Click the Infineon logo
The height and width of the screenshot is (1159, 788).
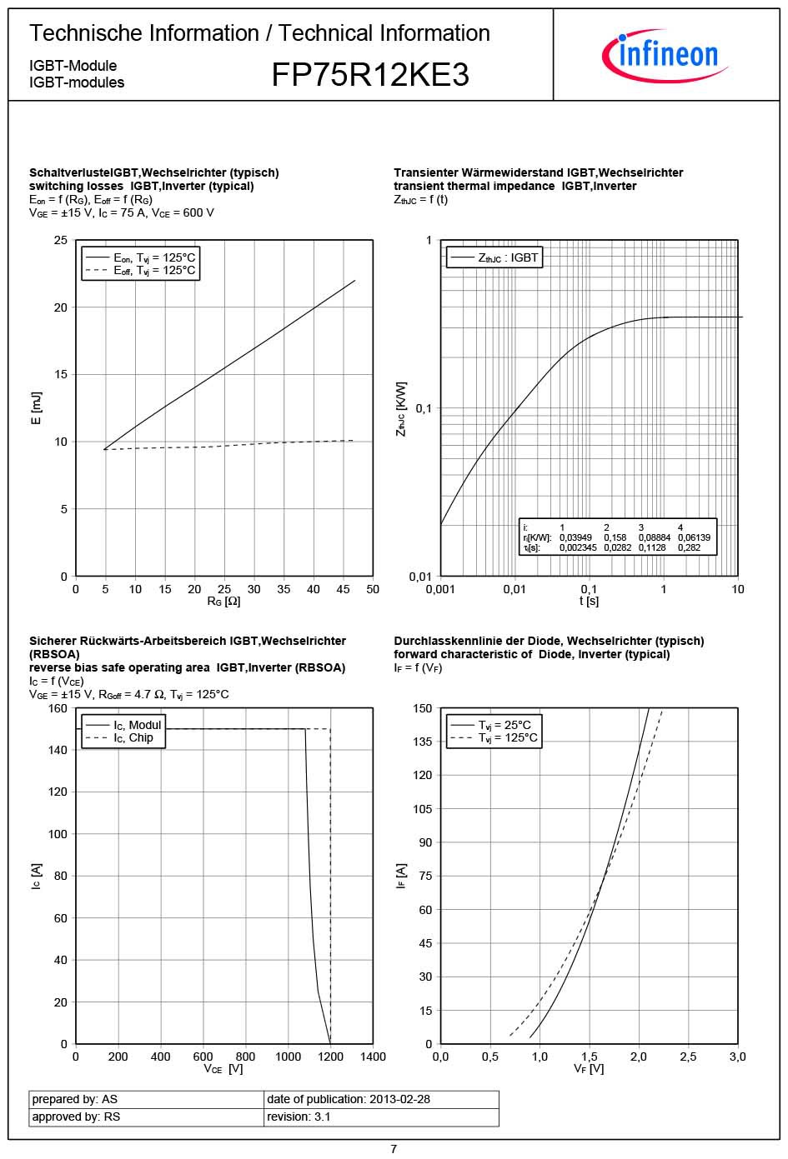(665, 55)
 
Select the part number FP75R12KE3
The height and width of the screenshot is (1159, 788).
(370, 75)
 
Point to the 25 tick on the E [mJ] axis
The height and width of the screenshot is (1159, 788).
(61, 240)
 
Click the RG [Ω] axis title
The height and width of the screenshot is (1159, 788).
(223, 602)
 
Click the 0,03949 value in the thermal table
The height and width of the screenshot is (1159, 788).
(575, 537)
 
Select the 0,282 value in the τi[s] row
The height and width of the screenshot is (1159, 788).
(689, 547)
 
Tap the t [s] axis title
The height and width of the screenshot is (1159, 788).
(589, 602)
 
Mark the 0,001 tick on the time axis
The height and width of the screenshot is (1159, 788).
(440, 589)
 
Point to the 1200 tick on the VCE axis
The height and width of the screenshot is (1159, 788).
(330, 1057)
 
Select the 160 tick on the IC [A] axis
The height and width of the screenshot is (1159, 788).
(58, 708)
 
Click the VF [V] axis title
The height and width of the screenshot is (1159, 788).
(589, 1069)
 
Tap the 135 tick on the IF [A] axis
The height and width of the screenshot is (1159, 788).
(423, 742)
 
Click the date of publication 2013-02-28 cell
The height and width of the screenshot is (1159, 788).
(349, 1099)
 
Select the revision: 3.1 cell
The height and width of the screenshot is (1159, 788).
(299, 1117)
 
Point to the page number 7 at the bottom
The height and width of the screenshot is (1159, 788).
(394, 1149)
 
